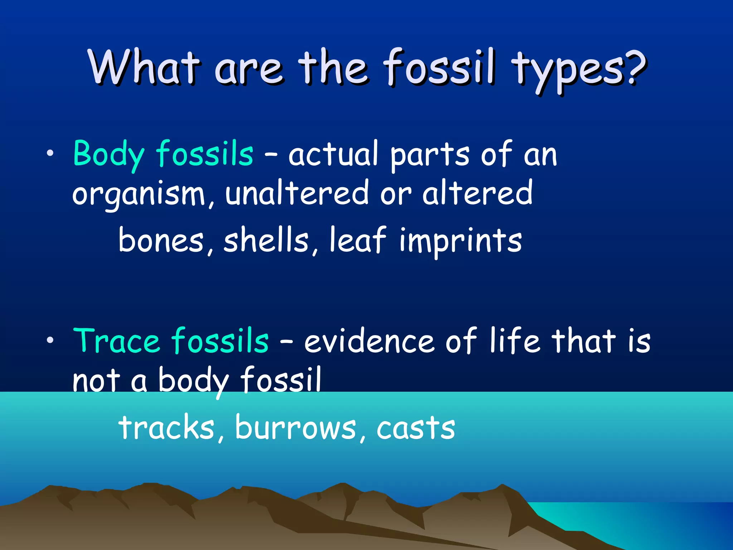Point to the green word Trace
pyautogui.click(x=116, y=341)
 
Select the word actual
pyautogui.click(x=333, y=155)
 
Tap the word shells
pyautogui.click(x=266, y=240)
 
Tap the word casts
pyautogui.click(x=416, y=429)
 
